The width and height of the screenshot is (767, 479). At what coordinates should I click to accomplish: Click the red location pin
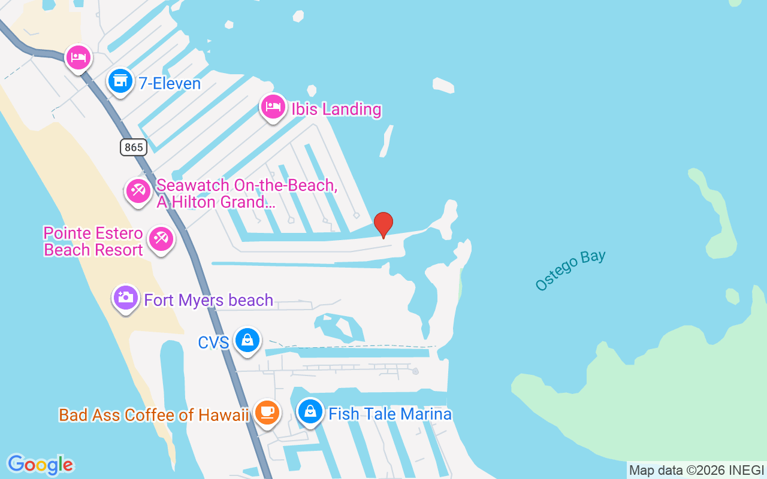(x=383, y=225)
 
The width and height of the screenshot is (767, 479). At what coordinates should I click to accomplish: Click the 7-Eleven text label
(x=170, y=83)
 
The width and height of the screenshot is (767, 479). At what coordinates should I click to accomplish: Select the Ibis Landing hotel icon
(x=273, y=107)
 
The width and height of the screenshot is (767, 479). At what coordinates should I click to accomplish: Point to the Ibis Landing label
(x=336, y=109)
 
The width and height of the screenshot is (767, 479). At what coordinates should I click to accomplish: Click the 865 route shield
(x=133, y=147)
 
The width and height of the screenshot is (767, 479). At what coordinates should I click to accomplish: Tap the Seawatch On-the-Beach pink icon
(x=138, y=192)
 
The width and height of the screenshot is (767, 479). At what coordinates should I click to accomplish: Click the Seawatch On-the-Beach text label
(x=246, y=193)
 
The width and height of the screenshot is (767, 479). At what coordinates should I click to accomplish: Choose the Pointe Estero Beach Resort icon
(x=161, y=239)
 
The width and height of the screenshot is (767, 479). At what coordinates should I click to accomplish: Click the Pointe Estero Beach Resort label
(x=93, y=241)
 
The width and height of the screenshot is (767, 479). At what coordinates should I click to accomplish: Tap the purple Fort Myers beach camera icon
(x=126, y=298)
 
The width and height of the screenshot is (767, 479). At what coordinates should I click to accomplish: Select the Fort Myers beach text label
(x=209, y=300)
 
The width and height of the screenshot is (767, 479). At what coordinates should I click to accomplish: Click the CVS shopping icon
(x=247, y=340)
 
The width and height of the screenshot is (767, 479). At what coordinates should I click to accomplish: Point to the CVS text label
(x=214, y=342)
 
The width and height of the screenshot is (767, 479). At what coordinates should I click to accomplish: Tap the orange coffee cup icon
(x=267, y=413)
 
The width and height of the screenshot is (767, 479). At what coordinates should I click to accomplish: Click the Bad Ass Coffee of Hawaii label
(x=153, y=415)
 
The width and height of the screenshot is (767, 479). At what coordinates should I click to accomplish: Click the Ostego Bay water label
(x=570, y=270)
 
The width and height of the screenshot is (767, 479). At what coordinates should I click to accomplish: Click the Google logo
(x=40, y=465)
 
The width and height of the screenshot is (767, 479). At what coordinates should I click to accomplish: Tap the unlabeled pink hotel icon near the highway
(x=78, y=58)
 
